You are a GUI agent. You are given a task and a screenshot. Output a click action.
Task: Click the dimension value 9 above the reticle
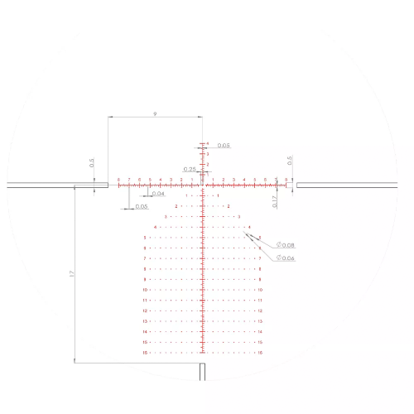click(156, 113)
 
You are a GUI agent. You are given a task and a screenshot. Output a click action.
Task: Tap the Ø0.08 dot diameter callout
click(286, 246)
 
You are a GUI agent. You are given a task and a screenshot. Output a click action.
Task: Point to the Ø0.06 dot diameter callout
click(286, 258)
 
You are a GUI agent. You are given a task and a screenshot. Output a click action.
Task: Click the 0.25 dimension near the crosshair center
click(190, 169)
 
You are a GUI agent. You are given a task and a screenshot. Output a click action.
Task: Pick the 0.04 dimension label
click(158, 194)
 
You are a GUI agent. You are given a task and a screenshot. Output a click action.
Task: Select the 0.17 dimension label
click(275, 199)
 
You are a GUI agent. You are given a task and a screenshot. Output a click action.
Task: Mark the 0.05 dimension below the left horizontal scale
click(141, 206)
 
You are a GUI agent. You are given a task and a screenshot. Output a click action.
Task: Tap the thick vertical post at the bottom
click(203, 371)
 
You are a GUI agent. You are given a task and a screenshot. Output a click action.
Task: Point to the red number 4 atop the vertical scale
click(208, 143)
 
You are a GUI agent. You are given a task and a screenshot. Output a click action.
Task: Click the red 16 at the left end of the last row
click(145, 352)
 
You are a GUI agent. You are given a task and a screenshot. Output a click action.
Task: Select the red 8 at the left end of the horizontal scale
click(119, 179)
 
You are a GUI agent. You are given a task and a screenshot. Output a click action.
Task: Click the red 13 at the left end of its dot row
click(145, 320)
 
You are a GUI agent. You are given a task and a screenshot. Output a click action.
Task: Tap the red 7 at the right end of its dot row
click(260, 258)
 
